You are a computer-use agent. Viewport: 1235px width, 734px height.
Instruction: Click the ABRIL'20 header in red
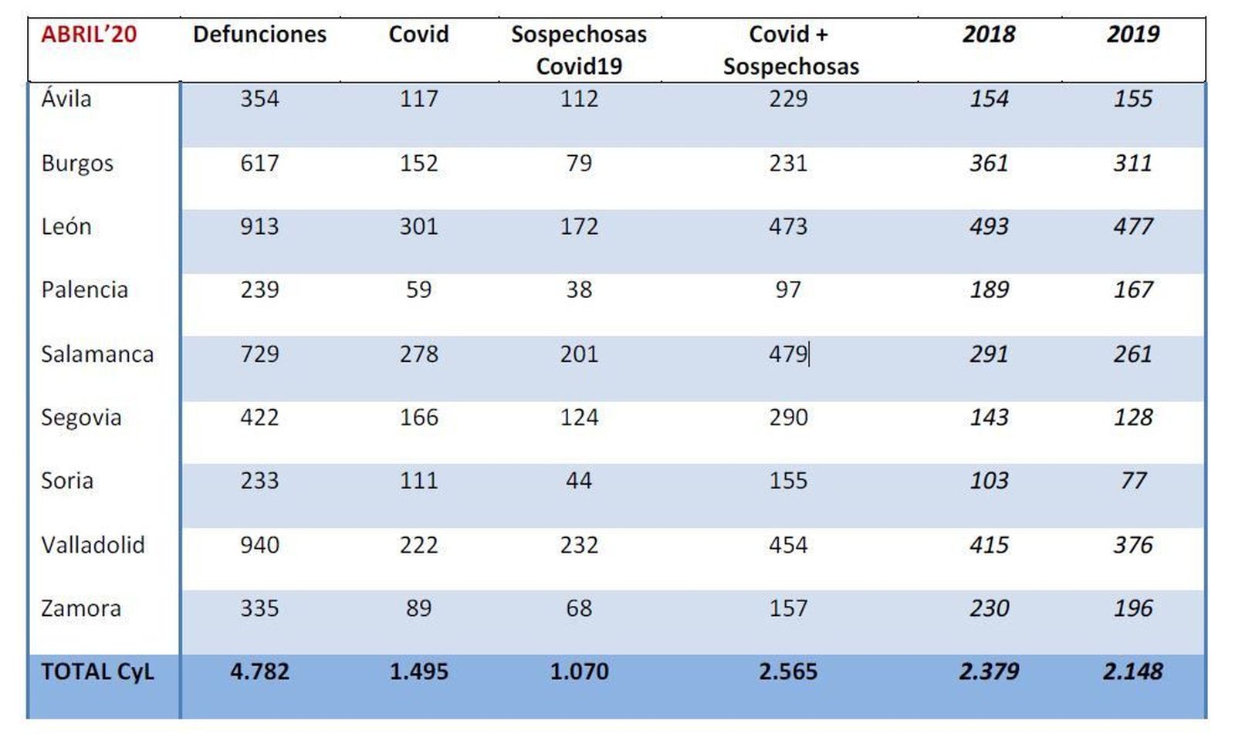(89, 34)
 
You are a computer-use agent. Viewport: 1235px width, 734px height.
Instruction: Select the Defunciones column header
(259, 34)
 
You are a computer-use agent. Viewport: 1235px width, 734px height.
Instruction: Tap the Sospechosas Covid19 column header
(579, 49)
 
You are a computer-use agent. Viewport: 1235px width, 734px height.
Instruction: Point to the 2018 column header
(988, 34)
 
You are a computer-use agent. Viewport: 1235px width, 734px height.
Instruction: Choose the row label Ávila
(66, 99)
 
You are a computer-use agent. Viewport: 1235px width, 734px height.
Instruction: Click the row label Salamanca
(97, 354)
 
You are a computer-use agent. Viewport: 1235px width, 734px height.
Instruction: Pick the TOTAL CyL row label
(97, 671)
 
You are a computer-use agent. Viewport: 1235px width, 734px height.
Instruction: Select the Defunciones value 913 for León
(259, 226)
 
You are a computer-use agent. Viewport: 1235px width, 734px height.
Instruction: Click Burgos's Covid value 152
(418, 163)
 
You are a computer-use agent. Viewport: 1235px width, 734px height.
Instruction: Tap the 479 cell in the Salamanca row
(788, 354)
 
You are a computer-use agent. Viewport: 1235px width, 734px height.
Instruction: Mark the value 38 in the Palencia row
(579, 289)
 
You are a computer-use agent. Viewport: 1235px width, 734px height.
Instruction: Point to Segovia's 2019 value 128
(1132, 418)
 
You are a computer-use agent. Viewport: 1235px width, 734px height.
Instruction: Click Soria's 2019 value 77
(1132, 481)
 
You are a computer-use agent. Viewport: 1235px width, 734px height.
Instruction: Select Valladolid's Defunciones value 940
(259, 545)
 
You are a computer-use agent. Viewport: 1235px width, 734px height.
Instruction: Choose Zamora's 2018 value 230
(988, 608)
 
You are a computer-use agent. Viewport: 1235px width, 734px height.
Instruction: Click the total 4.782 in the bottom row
(259, 671)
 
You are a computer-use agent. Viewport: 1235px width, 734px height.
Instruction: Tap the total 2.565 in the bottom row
(788, 671)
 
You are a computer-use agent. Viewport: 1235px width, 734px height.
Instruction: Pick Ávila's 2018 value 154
(988, 99)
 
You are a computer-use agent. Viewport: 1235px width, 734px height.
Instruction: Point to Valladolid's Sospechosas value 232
(579, 545)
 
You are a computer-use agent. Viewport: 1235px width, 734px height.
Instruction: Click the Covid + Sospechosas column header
(790, 49)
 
